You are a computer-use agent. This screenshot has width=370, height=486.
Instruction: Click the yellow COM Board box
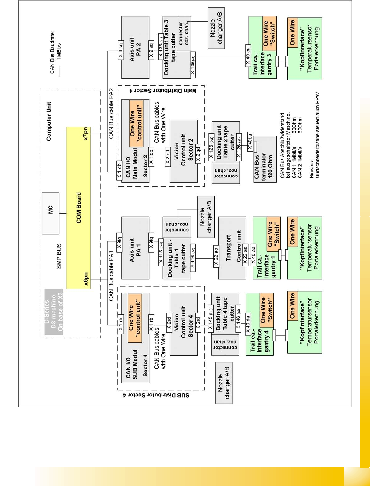78,208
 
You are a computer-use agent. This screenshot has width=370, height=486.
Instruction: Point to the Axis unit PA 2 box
135,48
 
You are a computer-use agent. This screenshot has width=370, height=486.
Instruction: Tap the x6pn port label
86,279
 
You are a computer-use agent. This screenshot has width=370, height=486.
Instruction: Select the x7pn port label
86,134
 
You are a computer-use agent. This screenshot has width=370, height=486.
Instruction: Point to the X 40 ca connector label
248,56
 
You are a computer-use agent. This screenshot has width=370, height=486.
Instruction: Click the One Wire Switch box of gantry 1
273,234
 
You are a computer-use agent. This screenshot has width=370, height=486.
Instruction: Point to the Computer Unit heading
49,121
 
